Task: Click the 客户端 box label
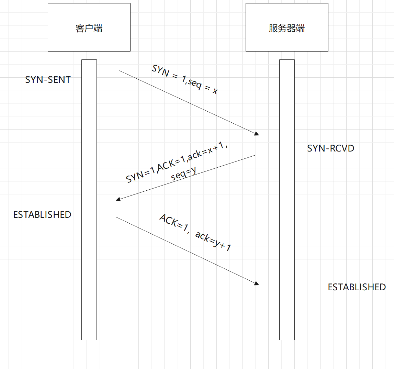89,28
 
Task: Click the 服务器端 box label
287,28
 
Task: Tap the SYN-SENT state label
48,80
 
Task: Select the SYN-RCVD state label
330,148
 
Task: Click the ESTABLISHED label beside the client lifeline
42,215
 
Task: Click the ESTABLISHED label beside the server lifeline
357,287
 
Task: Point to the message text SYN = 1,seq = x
185,80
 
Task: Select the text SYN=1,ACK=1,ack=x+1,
177,163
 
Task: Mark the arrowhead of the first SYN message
256,134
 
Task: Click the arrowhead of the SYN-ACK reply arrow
118,199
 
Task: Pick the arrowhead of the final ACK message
256,283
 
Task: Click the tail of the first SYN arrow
120,71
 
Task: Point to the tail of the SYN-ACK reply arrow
255,155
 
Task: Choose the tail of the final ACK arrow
116,217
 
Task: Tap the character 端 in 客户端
98,28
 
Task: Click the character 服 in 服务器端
273,28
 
